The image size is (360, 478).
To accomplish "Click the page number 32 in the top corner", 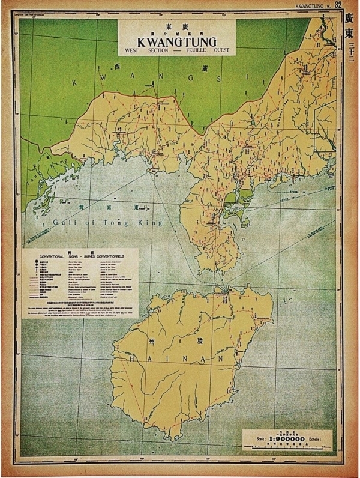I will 338,5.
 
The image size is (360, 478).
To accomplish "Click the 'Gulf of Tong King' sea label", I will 107,223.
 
